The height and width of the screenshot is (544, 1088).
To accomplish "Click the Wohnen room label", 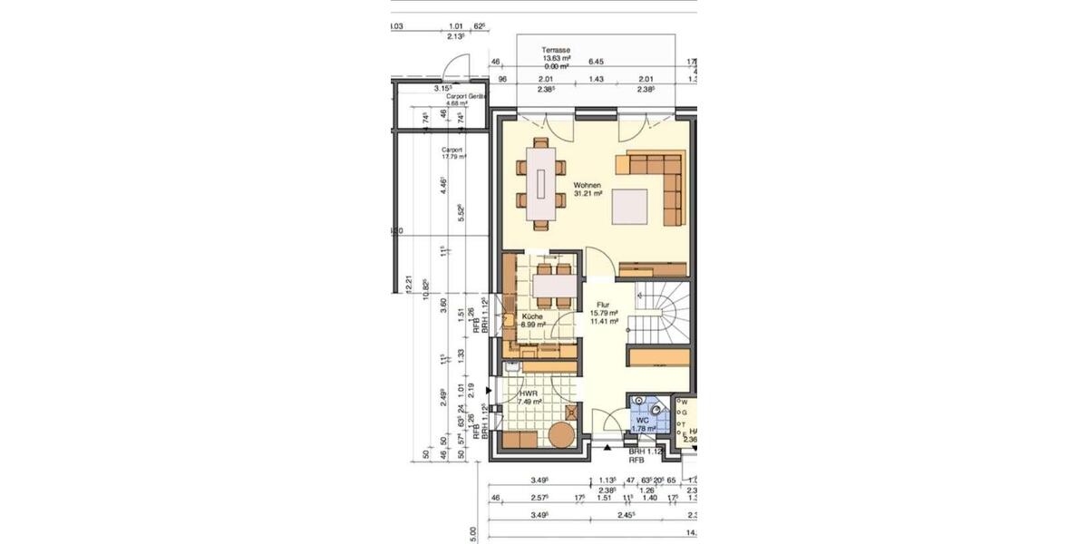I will click(x=587, y=185).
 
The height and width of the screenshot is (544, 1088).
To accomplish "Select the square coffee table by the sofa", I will click(x=631, y=205).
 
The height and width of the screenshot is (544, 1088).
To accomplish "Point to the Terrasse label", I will click(x=555, y=51).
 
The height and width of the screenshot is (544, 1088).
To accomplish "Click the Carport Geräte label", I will click(x=466, y=95).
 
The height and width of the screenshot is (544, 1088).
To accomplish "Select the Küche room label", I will click(x=531, y=316).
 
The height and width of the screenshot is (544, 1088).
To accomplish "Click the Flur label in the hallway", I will click(x=603, y=306).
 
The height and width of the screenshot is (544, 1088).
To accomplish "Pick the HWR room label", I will click(x=529, y=393).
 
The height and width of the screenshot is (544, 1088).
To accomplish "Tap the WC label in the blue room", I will click(x=642, y=421).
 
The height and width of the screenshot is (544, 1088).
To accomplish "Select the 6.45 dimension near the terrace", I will click(x=596, y=63).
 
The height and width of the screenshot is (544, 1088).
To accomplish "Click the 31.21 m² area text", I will click(x=588, y=193).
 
